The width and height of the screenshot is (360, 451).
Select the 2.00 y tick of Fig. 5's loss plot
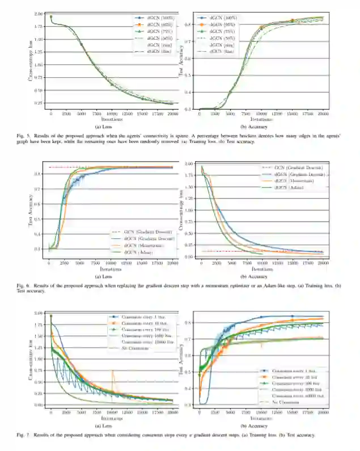click(39, 14)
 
